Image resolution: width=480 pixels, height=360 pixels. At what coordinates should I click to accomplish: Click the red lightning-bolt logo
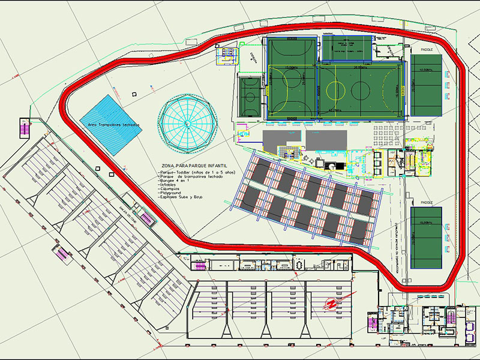(330, 305)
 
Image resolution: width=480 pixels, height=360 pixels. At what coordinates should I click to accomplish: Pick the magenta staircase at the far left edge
(25, 128)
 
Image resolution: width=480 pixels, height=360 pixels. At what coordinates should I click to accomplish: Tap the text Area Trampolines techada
(114, 124)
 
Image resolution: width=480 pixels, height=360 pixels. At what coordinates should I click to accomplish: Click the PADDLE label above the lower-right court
(427, 202)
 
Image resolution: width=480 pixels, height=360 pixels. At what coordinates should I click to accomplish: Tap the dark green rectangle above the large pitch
(347, 48)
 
